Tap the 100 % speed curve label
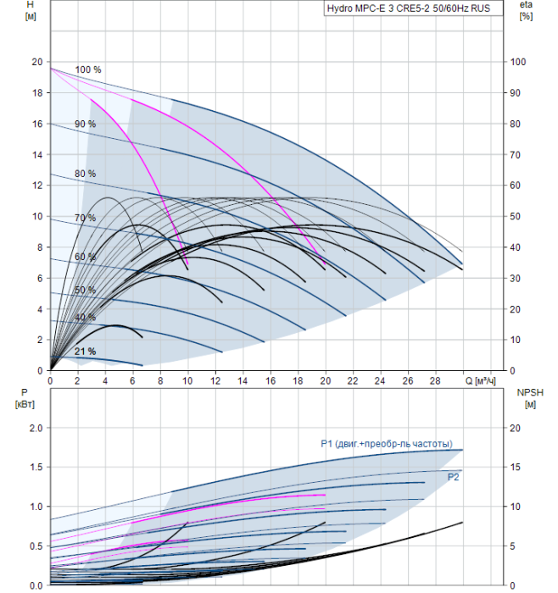[x=88, y=69]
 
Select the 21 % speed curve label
[x=85, y=352]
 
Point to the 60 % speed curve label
[x=85, y=257]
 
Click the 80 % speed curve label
[x=85, y=174]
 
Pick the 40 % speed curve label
[x=85, y=317]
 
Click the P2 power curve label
[x=453, y=477]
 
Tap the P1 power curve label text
[x=387, y=444]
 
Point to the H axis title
[x=31, y=10]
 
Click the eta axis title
[x=526, y=10]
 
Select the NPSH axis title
[x=530, y=399]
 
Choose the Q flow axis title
[x=480, y=381]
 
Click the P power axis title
[x=25, y=398]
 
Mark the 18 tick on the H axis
[x=37, y=92]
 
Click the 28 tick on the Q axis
[x=435, y=381]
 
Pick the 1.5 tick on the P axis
[x=36, y=467]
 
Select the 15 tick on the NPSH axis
[x=515, y=467]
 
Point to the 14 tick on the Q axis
[x=243, y=381]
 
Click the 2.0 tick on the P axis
[x=36, y=428]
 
